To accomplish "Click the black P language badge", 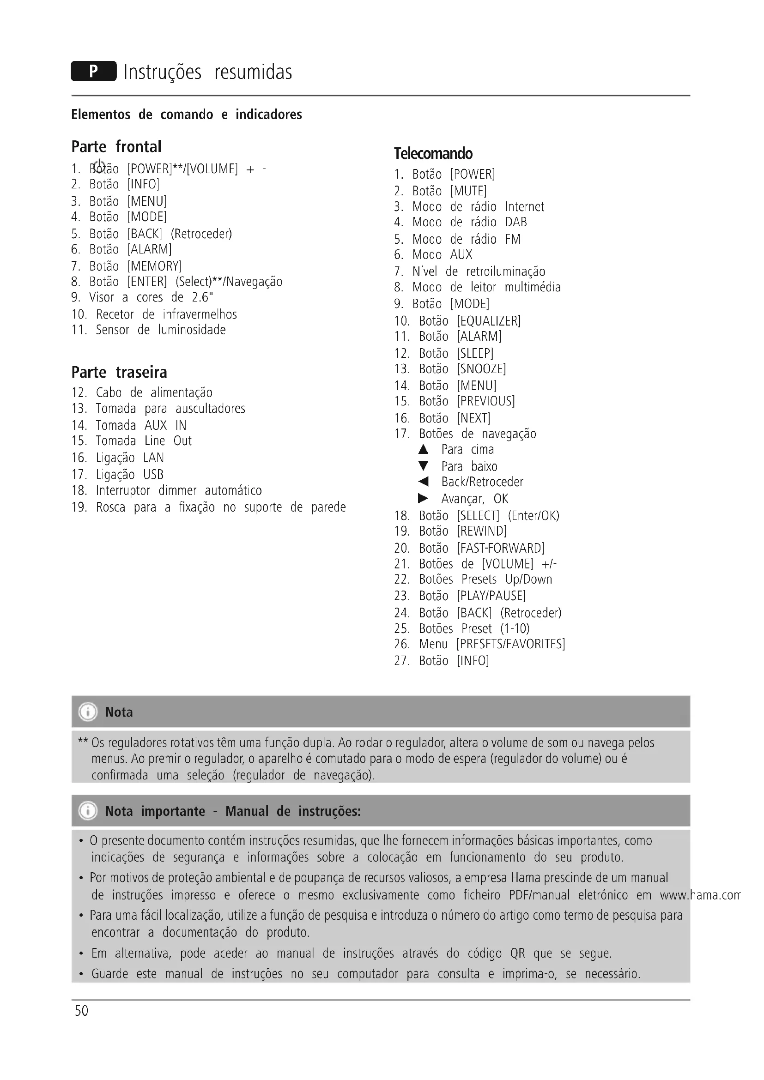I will [x=94, y=71].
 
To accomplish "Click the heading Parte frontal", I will [x=116, y=147].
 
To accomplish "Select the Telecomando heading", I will [x=433, y=154].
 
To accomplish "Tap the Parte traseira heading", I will [x=119, y=373].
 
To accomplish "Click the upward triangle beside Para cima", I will [x=424, y=450].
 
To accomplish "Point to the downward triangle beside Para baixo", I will [x=424, y=466].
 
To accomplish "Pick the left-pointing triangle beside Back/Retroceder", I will [x=424, y=482].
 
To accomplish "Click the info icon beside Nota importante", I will [x=88, y=811].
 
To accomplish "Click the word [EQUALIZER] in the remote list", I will [x=489, y=321].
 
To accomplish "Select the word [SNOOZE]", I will [x=481, y=369].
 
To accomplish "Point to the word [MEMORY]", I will [x=154, y=266].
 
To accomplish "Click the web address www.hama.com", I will [x=700, y=895].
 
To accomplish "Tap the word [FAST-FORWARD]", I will [x=501, y=548].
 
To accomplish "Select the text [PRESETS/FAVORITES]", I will [x=511, y=644].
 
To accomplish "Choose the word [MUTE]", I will [x=468, y=191].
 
